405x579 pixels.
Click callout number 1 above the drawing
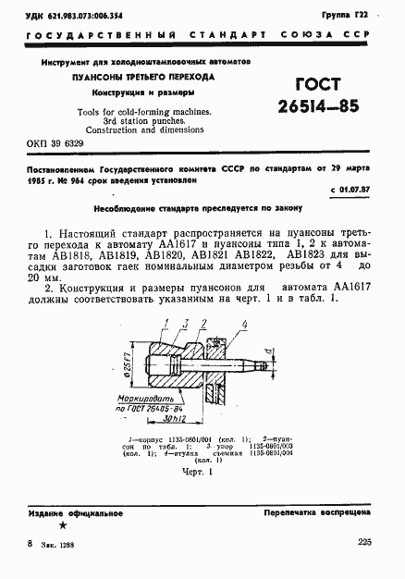[168, 321]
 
